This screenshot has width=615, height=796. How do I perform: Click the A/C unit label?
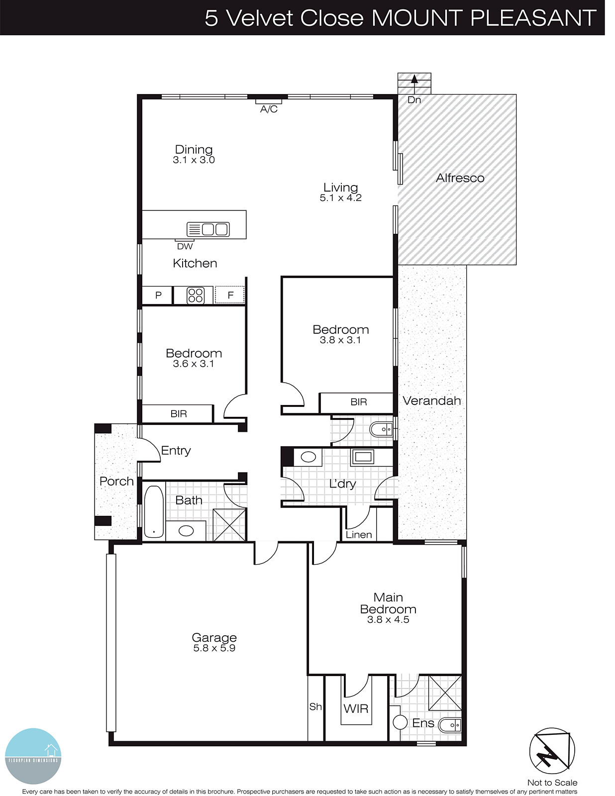pyautogui.click(x=269, y=109)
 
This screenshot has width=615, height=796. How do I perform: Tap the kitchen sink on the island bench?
pyautogui.click(x=208, y=229)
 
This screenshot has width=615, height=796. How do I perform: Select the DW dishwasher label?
pyautogui.click(x=185, y=246)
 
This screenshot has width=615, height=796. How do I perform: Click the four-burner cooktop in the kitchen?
pyautogui.click(x=195, y=295)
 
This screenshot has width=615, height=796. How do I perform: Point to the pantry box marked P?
pyautogui.click(x=158, y=295)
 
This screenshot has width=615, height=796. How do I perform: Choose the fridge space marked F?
pyautogui.click(x=230, y=295)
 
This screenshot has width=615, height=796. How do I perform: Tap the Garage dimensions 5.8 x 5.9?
pyautogui.click(x=214, y=648)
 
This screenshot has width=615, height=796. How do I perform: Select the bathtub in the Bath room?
pyautogui.click(x=154, y=511)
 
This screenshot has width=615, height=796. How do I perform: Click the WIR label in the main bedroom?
pyautogui.click(x=356, y=708)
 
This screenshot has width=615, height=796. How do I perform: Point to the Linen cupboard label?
pyautogui.click(x=359, y=535)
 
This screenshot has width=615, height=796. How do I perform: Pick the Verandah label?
pyautogui.click(x=431, y=400)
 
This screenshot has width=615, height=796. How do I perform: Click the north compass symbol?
pyautogui.click(x=552, y=751)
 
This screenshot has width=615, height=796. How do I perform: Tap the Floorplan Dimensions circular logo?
pyautogui.click(x=33, y=756)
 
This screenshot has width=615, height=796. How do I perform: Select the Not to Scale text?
pyautogui.click(x=552, y=783)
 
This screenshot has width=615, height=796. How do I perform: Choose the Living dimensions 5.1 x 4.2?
pyautogui.click(x=340, y=198)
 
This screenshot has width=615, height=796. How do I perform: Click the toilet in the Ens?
pyautogui.click(x=450, y=725)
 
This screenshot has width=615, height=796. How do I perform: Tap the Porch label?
pyautogui.click(x=116, y=481)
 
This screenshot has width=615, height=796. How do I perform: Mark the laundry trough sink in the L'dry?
pyautogui.click(x=362, y=457)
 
